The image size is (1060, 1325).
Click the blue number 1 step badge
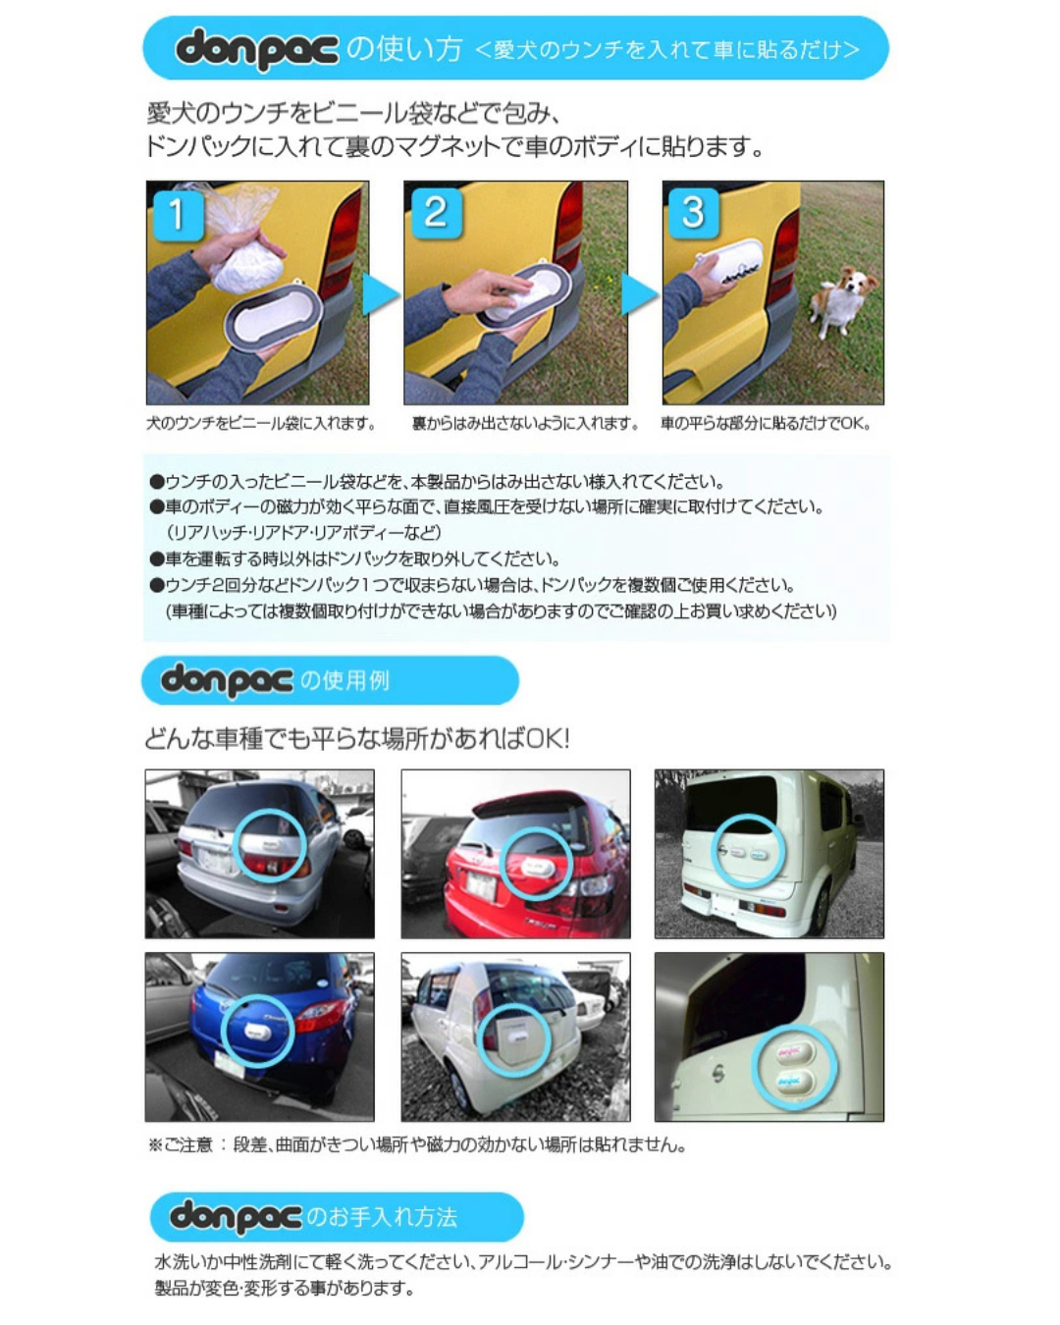tap(178, 216)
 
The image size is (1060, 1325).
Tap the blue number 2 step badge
tap(436, 213)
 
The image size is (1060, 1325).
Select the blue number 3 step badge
tap(694, 213)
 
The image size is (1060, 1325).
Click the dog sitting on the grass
tap(843, 300)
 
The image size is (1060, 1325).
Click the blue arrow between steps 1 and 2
tap(380, 294)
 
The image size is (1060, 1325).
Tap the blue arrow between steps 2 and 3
tap(639, 294)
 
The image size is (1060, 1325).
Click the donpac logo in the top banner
tap(257, 49)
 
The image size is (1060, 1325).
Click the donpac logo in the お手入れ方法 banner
tap(236, 1217)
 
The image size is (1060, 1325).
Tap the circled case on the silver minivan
tap(271, 843)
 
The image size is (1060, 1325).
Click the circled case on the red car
tap(536, 867)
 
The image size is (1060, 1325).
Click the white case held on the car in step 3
tap(730, 260)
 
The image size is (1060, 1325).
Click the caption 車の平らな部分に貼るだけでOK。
tap(766, 424)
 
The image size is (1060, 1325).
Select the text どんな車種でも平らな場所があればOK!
tap(357, 739)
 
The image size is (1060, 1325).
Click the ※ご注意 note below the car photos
tap(417, 1145)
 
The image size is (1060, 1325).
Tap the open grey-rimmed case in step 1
tap(274, 316)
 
